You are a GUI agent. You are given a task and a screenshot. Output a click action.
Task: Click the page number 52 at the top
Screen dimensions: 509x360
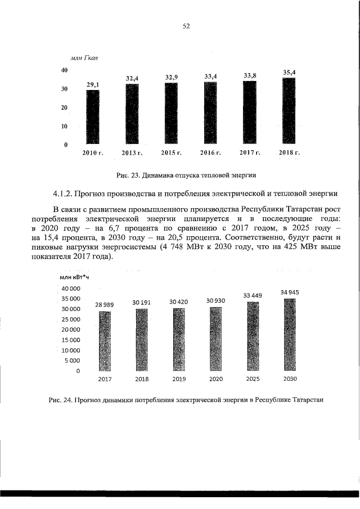pyautogui.click(x=186, y=26)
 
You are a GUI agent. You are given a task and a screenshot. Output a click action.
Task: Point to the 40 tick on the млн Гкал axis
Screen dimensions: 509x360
pyautogui.click(x=64, y=70)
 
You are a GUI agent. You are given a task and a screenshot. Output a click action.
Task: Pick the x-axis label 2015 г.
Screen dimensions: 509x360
pyautogui.click(x=171, y=152)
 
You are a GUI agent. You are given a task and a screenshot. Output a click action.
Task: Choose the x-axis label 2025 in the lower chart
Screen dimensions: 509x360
pyautogui.click(x=253, y=379)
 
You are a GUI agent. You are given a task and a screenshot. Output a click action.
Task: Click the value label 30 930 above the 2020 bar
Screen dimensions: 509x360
pyautogui.click(x=215, y=301)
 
